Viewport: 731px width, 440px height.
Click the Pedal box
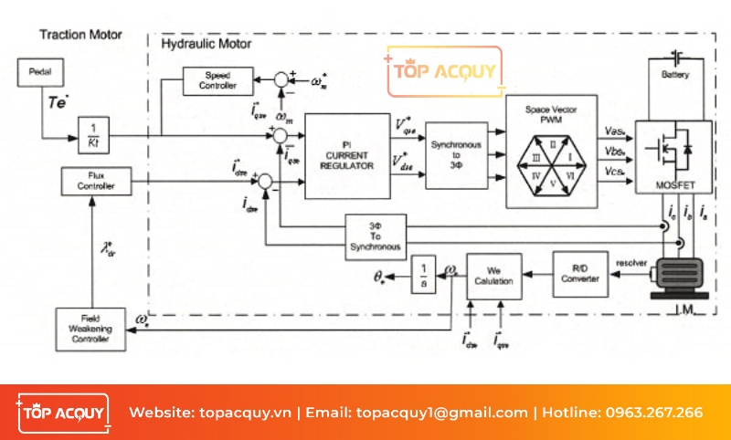point(40,71)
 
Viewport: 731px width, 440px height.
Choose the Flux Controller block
point(96,182)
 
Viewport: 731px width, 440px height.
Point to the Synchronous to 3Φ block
point(454,155)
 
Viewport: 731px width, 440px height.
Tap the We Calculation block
point(495,277)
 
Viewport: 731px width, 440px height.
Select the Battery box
point(675,74)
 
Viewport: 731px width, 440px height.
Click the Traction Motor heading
point(80,35)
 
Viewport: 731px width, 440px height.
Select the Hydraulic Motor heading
point(206,44)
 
